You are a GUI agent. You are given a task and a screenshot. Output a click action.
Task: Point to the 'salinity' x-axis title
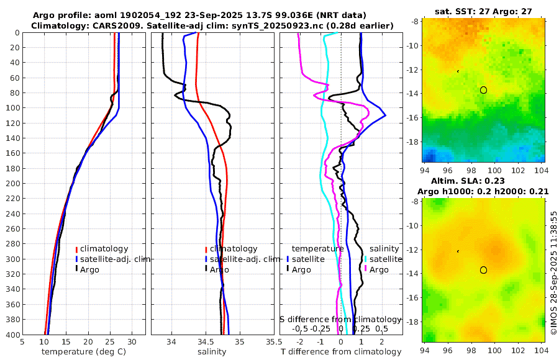tap(211, 352)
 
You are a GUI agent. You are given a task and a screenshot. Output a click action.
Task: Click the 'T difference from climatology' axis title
tap(341, 352)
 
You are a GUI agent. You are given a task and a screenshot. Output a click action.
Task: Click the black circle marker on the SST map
tap(483, 90)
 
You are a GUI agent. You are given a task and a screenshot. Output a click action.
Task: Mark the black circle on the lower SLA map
tap(483, 270)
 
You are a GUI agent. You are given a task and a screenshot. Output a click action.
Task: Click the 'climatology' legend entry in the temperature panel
tap(104, 249)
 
